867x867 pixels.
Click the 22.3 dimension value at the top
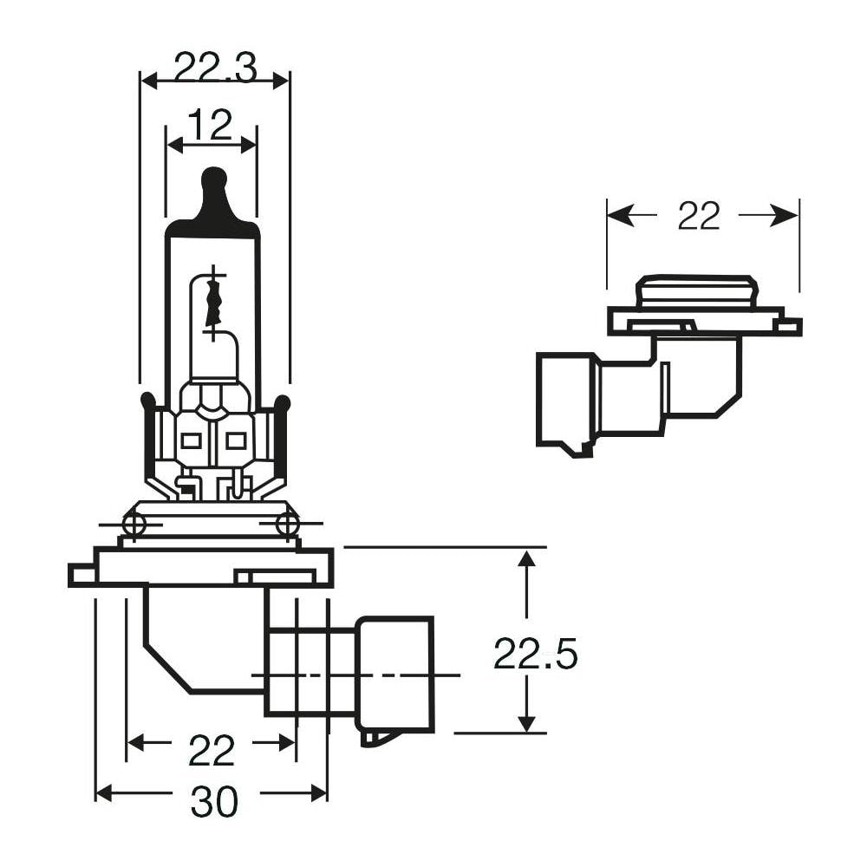(214, 68)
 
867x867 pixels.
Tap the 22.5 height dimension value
(535, 654)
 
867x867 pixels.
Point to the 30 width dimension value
(213, 803)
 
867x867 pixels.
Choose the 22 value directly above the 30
(212, 751)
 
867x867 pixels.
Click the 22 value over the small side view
(699, 217)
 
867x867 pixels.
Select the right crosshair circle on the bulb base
(287, 524)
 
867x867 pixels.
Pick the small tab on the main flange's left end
(81, 574)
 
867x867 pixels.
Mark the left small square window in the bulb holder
(191, 440)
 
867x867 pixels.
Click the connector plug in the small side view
(564, 399)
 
